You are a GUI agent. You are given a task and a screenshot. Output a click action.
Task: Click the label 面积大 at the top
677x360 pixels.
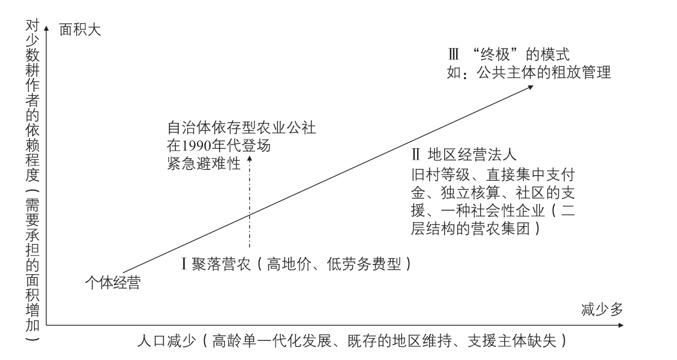[x=80, y=30]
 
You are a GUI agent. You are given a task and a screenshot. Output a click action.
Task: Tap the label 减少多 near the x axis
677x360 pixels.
[x=602, y=309]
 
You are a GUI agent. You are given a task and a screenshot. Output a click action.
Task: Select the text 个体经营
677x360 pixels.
[x=113, y=283]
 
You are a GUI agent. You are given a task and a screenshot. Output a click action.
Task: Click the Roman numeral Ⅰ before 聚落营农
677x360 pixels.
[x=184, y=264]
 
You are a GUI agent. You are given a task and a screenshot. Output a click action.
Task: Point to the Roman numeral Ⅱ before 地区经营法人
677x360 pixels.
[x=416, y=154]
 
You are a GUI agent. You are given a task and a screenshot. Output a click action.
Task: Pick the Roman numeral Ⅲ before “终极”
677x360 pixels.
[x=453, y=55]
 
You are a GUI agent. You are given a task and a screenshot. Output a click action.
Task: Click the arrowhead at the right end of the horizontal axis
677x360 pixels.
[x=621, y=325]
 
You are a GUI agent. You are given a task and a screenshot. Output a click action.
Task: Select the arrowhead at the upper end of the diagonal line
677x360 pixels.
[x=530, y=88]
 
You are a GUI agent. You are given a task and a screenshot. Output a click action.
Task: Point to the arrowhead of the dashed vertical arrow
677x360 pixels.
[x=250, y=158]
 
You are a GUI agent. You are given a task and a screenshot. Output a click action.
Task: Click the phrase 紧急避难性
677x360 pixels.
[x=204, y=164]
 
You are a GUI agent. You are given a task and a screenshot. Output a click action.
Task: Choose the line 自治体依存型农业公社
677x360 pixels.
[x=241, y=128]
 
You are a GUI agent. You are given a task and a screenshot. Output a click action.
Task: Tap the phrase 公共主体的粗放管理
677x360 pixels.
[x=544, y=72]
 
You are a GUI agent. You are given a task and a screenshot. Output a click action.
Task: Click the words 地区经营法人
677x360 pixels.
[x=472, y=154]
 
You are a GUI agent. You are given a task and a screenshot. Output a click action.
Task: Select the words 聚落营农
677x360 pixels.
[x=221, y=264]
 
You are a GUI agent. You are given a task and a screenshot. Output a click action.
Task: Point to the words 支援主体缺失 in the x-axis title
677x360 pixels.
[x=511, y=341]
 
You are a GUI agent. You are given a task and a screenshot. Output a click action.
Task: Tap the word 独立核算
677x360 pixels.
[x=470, y=192]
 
